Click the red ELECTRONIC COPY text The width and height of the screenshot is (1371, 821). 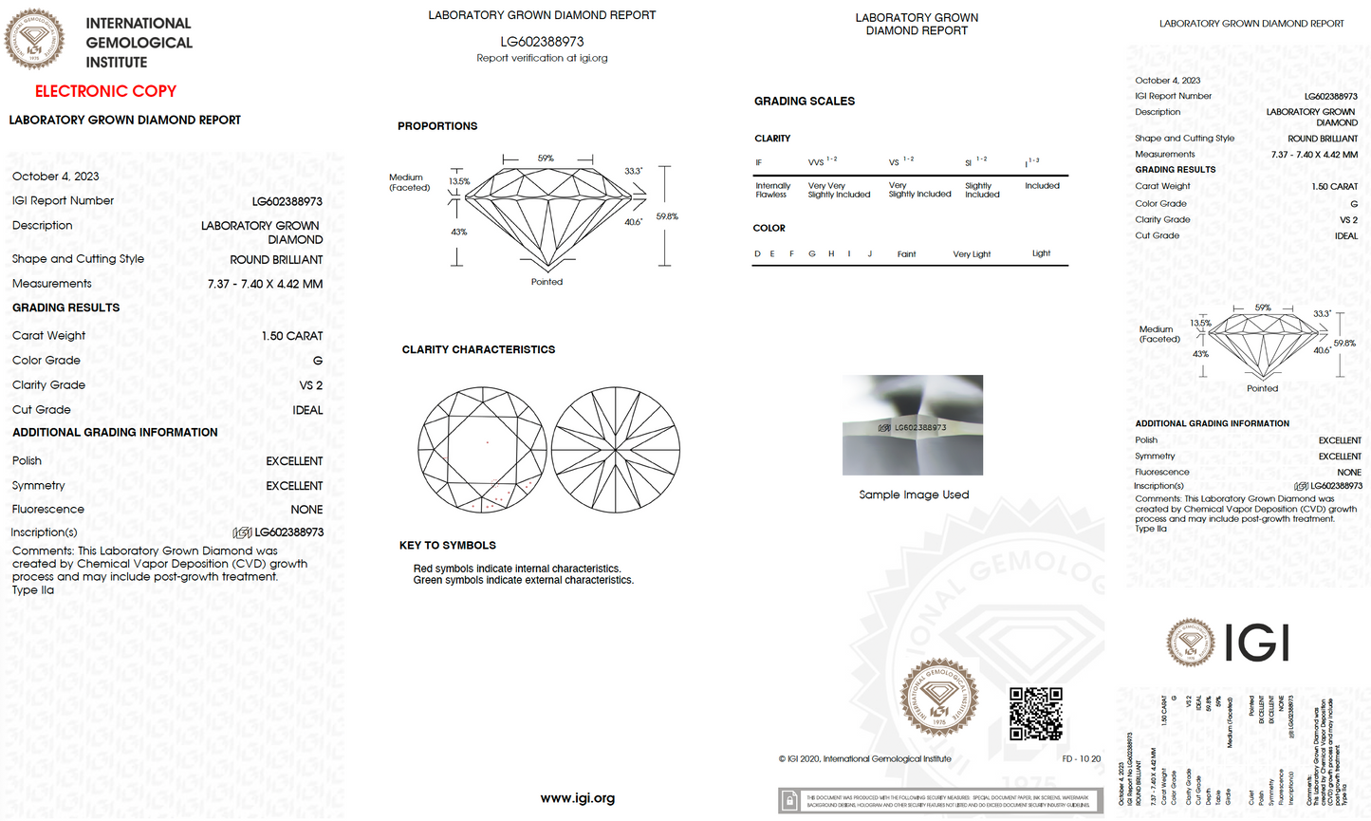coord(105,91)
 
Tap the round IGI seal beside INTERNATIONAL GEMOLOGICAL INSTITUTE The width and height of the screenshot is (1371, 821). coord(35,40)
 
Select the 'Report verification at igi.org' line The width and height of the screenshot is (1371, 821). coord(542,58)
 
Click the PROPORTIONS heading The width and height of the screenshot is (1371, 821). coord(437,126)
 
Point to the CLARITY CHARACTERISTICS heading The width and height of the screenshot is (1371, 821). coord(478,349)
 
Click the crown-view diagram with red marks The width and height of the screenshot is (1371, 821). coord(482,450)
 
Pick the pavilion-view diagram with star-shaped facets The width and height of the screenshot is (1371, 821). coord(616,450)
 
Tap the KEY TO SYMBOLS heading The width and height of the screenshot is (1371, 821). coord(448,545)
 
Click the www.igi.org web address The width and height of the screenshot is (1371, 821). coord(577,798)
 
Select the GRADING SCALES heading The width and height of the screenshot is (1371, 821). coord(805,101)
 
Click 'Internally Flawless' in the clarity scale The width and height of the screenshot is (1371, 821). coord(772,190)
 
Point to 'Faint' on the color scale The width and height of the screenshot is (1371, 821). coord(906,254)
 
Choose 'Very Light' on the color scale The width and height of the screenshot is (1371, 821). coord(972,254)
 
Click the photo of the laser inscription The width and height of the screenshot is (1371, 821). coord(913,425)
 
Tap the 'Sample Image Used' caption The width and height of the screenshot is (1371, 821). coord(914,494)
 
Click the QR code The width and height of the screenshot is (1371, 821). coord(1035,714)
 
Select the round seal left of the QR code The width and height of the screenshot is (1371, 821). coord(939,699)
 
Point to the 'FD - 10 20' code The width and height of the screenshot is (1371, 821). coord(1082,758)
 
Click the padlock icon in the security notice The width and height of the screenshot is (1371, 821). coord(789,802)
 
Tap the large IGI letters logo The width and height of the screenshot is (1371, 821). coord(1257,643)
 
